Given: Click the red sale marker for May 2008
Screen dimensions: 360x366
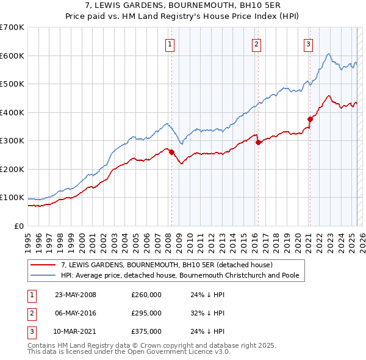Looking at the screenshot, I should tap(171, 152).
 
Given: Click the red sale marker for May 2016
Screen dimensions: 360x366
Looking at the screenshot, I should tap(257, 142).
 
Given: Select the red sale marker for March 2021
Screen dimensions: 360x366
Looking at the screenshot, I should tap(310, 120).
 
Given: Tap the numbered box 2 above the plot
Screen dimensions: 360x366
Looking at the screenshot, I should tap(257, 43).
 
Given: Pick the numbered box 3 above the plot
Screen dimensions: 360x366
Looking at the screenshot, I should tap(309, 43).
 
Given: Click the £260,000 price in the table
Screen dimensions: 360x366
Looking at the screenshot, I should tap(146, 294).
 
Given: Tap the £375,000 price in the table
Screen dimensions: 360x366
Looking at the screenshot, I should tap(146, 332).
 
